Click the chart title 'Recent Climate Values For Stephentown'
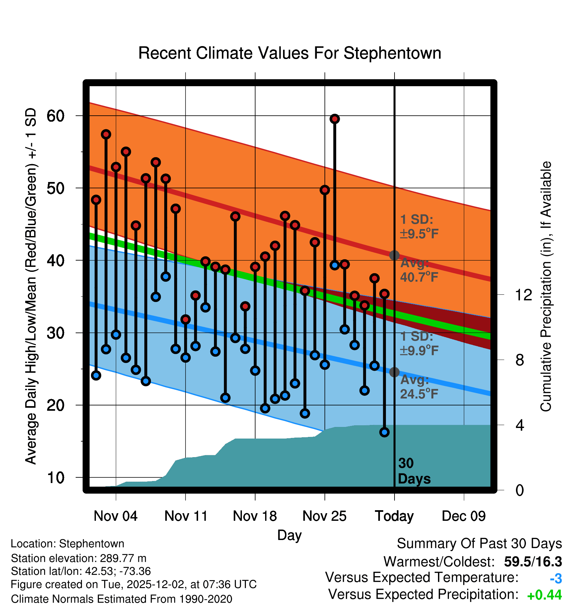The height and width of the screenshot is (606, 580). tap(290, 53)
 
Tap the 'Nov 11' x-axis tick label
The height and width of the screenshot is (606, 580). tap(186, 516)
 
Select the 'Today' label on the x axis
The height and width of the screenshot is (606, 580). tap(394, 516)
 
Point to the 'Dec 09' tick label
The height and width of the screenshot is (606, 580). tap(464, 516)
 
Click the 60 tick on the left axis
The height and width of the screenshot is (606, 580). tap(56, 116)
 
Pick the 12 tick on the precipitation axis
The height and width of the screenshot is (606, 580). tap(524, 295)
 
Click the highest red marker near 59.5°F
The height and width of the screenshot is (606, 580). tap(334, 119)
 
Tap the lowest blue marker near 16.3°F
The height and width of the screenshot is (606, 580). tap(384, 432)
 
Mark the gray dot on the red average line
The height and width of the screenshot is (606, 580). tap(394, 255)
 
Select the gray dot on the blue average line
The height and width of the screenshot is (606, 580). tap(394, 372)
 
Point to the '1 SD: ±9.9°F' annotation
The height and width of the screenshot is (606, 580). tap(419, 343)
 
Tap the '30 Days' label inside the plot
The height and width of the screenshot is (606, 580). tap(414, 471)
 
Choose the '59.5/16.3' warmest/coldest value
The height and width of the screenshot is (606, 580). tap(533, 562)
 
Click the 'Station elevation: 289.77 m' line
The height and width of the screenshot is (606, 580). tap(79, 558)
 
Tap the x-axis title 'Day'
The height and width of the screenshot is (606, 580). tap(289, 535)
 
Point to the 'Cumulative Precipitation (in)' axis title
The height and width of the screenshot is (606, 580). tap(546, 287)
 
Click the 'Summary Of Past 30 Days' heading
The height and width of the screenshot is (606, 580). tap(479, 544)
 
